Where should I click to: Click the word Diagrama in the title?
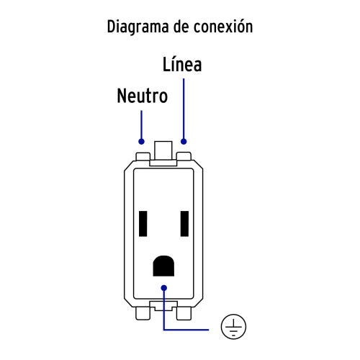point(138,27)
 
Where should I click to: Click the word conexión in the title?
point(223,26)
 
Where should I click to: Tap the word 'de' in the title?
point(181,26)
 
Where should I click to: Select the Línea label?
point(182,64)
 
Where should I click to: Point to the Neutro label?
point(143,96)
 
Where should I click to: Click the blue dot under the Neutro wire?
point(141,142)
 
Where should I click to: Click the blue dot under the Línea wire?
point(184,142)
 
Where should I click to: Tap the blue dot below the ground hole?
point(164,288)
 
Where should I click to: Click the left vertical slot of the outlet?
point(143,224)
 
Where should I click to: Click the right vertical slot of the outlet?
point(184,224)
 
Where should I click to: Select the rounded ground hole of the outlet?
point(163,266)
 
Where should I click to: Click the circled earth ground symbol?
point(233,327)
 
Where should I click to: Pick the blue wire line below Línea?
point(184,110)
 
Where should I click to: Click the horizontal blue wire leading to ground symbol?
point(186,330)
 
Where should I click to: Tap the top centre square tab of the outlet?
point(163,150)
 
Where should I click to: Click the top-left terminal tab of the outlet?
point(143,156)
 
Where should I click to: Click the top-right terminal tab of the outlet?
point(184,156)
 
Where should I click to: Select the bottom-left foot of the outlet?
point(143,313)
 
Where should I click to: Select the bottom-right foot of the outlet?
point(184,313)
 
